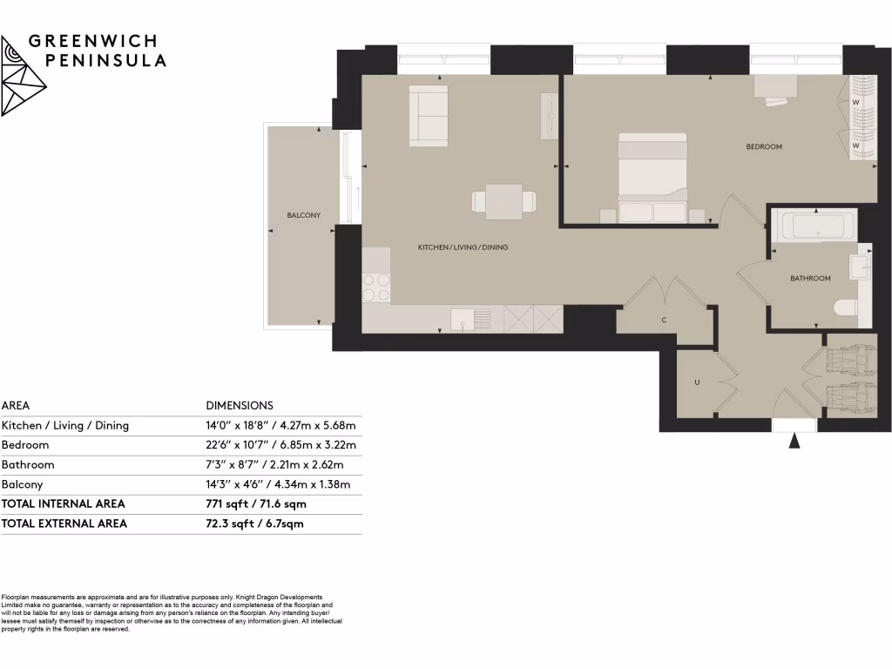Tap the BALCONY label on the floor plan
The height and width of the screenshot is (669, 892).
(304, 215)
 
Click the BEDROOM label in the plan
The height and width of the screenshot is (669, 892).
(764, 147)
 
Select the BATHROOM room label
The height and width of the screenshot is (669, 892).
(810, 279)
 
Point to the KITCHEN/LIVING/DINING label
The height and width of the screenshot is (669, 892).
(463, 247)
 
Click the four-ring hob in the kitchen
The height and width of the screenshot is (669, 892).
(376, 287)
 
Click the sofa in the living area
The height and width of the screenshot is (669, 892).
(429, 115)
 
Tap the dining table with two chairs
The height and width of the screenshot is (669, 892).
(503, 202)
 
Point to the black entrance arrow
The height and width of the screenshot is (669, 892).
(794, 441)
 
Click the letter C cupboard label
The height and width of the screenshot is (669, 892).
(664, 320)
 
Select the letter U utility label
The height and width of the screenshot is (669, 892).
(697, 382)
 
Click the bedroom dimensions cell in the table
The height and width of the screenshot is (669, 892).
(281, 445)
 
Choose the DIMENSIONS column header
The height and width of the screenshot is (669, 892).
(240, 405)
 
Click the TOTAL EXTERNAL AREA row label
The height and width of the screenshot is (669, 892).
(64, 524)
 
